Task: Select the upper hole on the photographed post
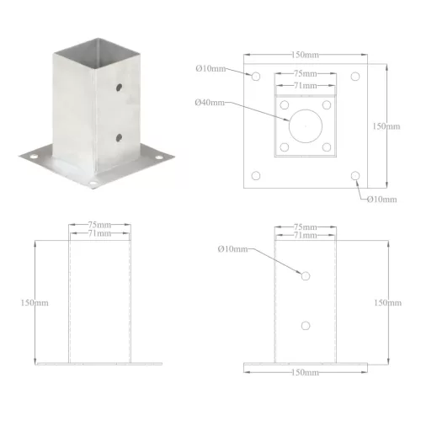click(119, 87)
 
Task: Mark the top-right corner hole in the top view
click(355, 77)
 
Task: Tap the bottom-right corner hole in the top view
click(355, 177)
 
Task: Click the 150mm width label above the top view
click(305, 55)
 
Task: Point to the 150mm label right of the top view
click(386, 126)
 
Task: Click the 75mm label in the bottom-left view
click(99, 226)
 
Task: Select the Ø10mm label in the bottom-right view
click(232, 249)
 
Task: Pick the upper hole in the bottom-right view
click(306, 275)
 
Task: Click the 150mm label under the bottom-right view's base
click(306, 371)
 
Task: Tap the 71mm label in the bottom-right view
click(306, 235)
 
